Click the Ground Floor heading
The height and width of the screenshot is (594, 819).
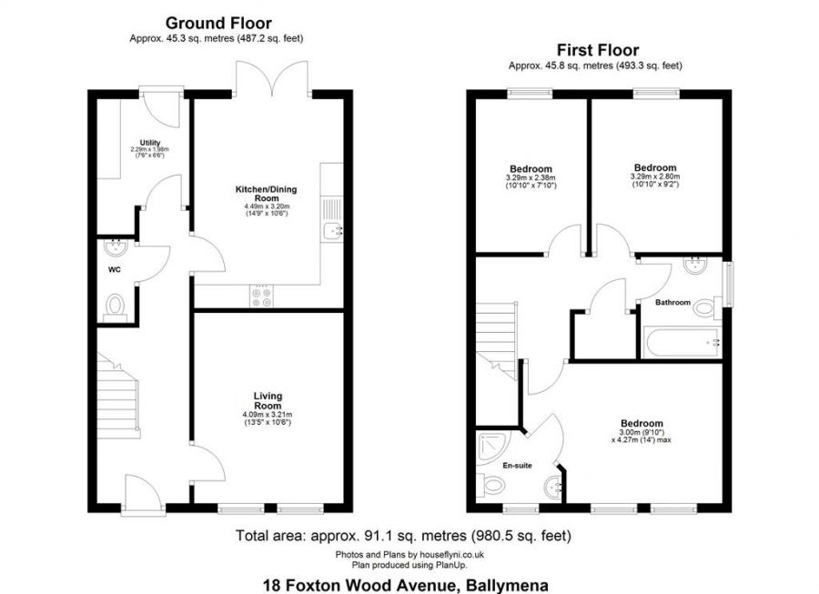pos(217,23)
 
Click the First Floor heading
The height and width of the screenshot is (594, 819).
pos(599,50)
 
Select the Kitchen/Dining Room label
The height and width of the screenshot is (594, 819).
pos(266,194)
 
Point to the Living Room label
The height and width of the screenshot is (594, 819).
pos(268,401)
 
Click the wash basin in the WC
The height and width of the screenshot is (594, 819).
pos(116,247)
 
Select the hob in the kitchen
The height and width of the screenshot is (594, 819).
pos(261,294)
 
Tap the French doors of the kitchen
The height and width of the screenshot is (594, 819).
pos(272,79)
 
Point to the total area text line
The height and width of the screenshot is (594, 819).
pos(402,535)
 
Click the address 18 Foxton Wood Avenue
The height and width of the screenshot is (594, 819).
pos(404,585)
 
